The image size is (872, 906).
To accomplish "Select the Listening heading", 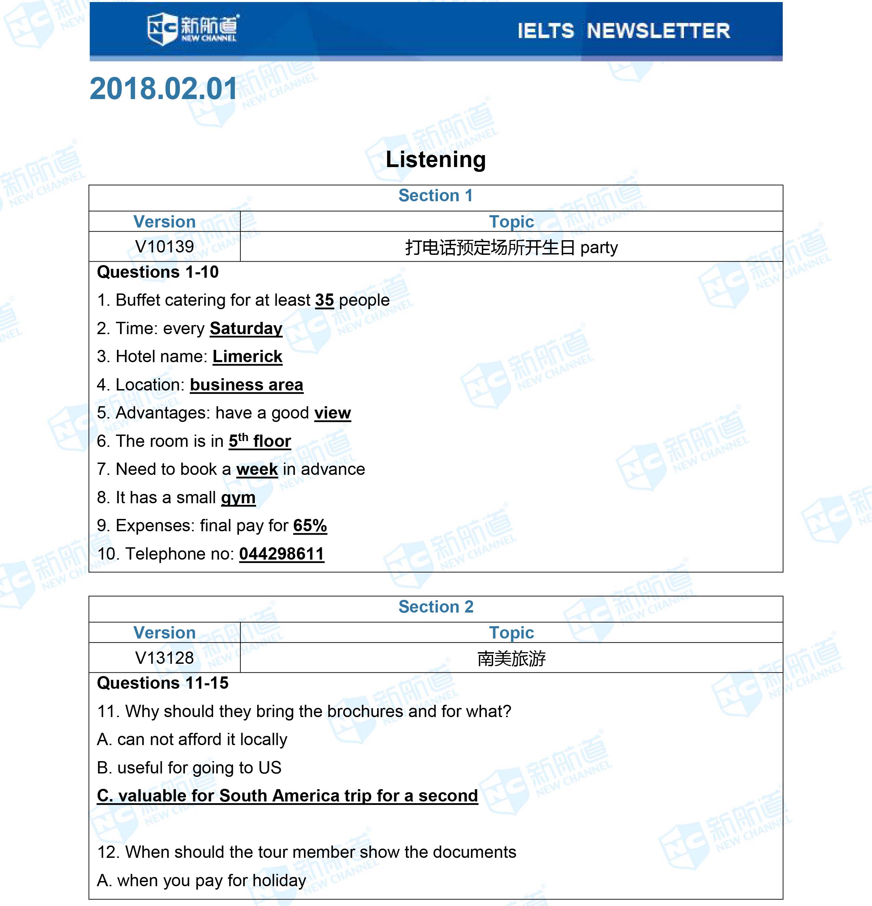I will tap(436, 160).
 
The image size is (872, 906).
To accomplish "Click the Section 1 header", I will tap(436, 195).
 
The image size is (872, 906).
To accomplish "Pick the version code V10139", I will tap(164, 246).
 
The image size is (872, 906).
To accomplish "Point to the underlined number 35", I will tap(324, 300).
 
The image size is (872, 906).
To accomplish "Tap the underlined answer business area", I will tap(247, 385).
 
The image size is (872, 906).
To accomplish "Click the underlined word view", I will tap(333, 413).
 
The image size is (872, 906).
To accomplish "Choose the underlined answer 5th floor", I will tap(260, 441).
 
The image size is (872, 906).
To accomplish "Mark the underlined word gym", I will tap(238, 498).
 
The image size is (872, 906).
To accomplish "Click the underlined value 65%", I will tap(310, 525).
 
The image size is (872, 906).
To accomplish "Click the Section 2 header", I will tap(436, 606).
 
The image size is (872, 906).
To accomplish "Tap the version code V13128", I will tap(164, 658).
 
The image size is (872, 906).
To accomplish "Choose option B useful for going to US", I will tap(189, 768).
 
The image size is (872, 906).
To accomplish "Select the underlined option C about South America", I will tap(287, 796).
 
